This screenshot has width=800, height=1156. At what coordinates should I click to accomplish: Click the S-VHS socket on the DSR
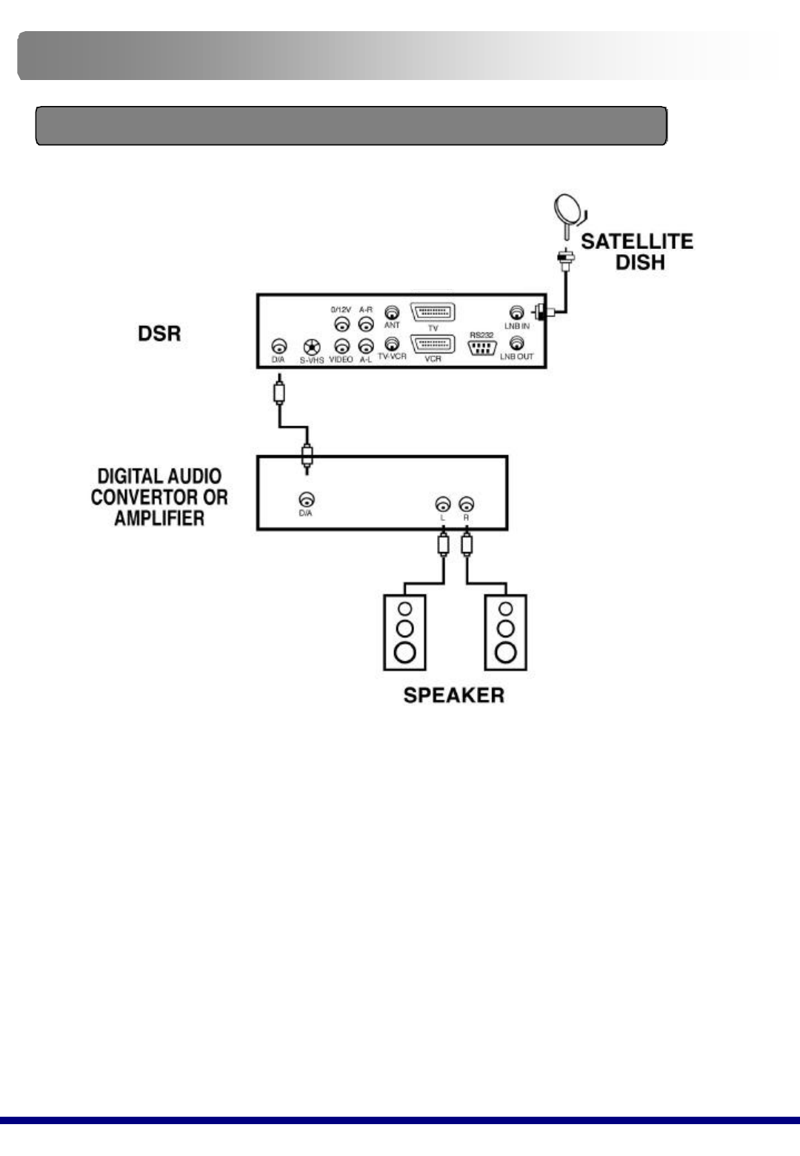pos(312,346)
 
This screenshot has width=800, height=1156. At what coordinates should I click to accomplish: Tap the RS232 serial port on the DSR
pos(481,347)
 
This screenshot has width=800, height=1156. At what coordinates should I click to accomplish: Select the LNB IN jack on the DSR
pos(517,313)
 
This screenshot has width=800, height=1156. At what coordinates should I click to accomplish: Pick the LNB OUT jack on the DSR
pos(517,343)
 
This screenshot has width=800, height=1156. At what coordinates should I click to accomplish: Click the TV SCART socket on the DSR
pos(433,312)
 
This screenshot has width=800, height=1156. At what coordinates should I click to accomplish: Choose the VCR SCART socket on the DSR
pos(433,345)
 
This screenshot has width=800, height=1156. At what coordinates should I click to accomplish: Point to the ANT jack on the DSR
pos(392,313)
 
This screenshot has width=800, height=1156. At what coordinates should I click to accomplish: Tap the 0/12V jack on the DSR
pos(341,324)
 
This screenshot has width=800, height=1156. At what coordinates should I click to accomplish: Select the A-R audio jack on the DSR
pos(365,324)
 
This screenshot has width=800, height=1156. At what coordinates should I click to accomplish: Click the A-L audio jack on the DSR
pos(365,345)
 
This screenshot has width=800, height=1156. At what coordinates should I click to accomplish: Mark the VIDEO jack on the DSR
pos(341,345)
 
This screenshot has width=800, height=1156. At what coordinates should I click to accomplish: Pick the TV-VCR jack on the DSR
pos(392,343)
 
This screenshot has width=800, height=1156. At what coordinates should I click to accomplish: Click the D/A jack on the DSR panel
pos(279,346)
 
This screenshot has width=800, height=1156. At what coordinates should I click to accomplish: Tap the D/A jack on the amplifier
pos(305,500)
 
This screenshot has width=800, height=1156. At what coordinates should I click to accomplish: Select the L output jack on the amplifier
pos(442,504)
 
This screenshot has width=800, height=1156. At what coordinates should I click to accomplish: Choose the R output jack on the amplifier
pos(466,504)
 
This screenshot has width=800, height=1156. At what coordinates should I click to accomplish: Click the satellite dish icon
pos(570,210)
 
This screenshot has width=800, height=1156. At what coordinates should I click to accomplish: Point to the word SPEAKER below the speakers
pos(453,695)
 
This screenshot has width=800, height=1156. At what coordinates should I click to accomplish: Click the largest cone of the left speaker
pos(404,652)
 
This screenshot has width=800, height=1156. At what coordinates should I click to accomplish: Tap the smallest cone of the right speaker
pos(506,609)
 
